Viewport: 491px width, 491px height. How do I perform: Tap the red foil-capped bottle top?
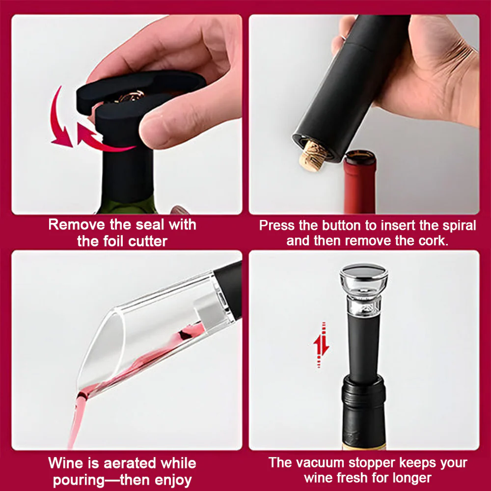[x=360, y=182]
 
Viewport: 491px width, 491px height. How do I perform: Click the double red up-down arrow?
[x=321, y=345]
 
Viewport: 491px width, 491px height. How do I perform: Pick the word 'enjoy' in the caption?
[x=173, y=480]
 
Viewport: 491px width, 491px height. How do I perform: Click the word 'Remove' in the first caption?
[x=77, y=224]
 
